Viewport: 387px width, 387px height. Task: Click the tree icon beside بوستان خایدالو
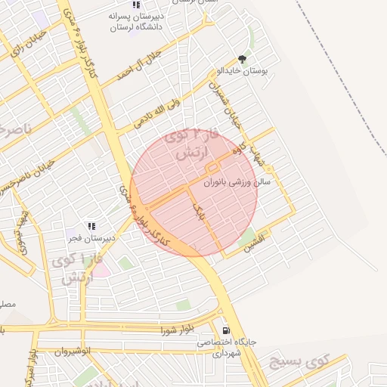tap(243, 58)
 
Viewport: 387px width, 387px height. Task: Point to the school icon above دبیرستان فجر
tap(91, 225)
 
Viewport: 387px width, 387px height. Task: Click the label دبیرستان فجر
tap(91, 237)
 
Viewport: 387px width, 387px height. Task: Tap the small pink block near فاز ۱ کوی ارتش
tap(101, 269)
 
